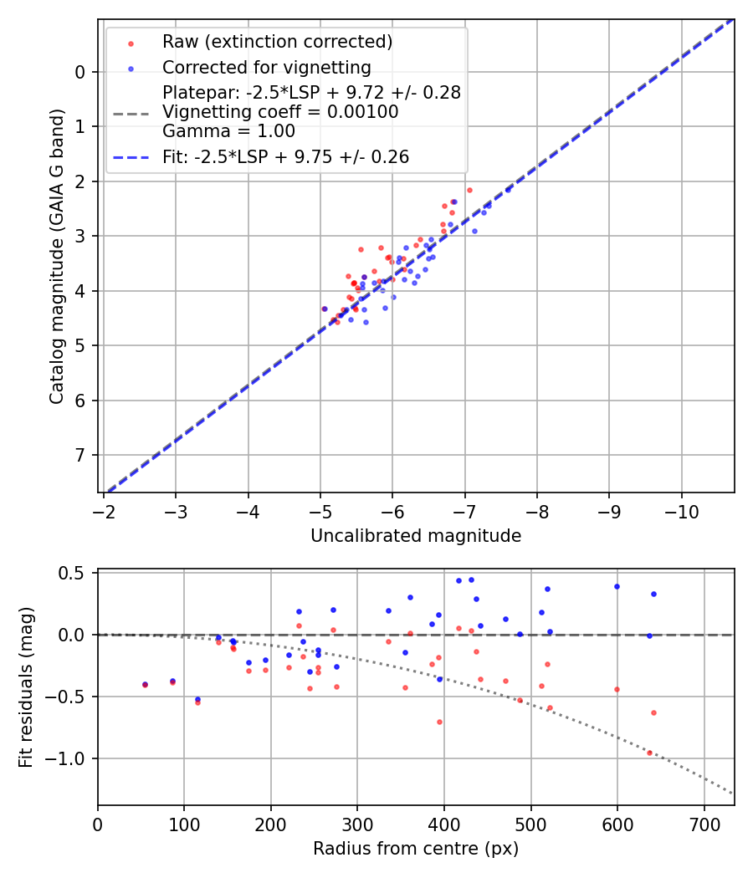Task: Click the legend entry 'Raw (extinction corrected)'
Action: point(278,42)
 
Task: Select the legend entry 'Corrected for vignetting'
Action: point(266,67)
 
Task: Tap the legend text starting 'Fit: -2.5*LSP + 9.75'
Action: point(285,156)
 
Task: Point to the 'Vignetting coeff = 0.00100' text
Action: point(280,112)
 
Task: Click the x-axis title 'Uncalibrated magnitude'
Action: point(416,536)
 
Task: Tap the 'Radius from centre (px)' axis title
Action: point(416,849)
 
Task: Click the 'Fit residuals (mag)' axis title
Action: point(26,687)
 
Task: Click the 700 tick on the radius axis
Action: point(704,823)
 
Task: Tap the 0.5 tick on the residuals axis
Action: point(75,573)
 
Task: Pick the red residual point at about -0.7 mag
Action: point(439,722)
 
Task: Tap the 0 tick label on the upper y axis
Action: point(80,72)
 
